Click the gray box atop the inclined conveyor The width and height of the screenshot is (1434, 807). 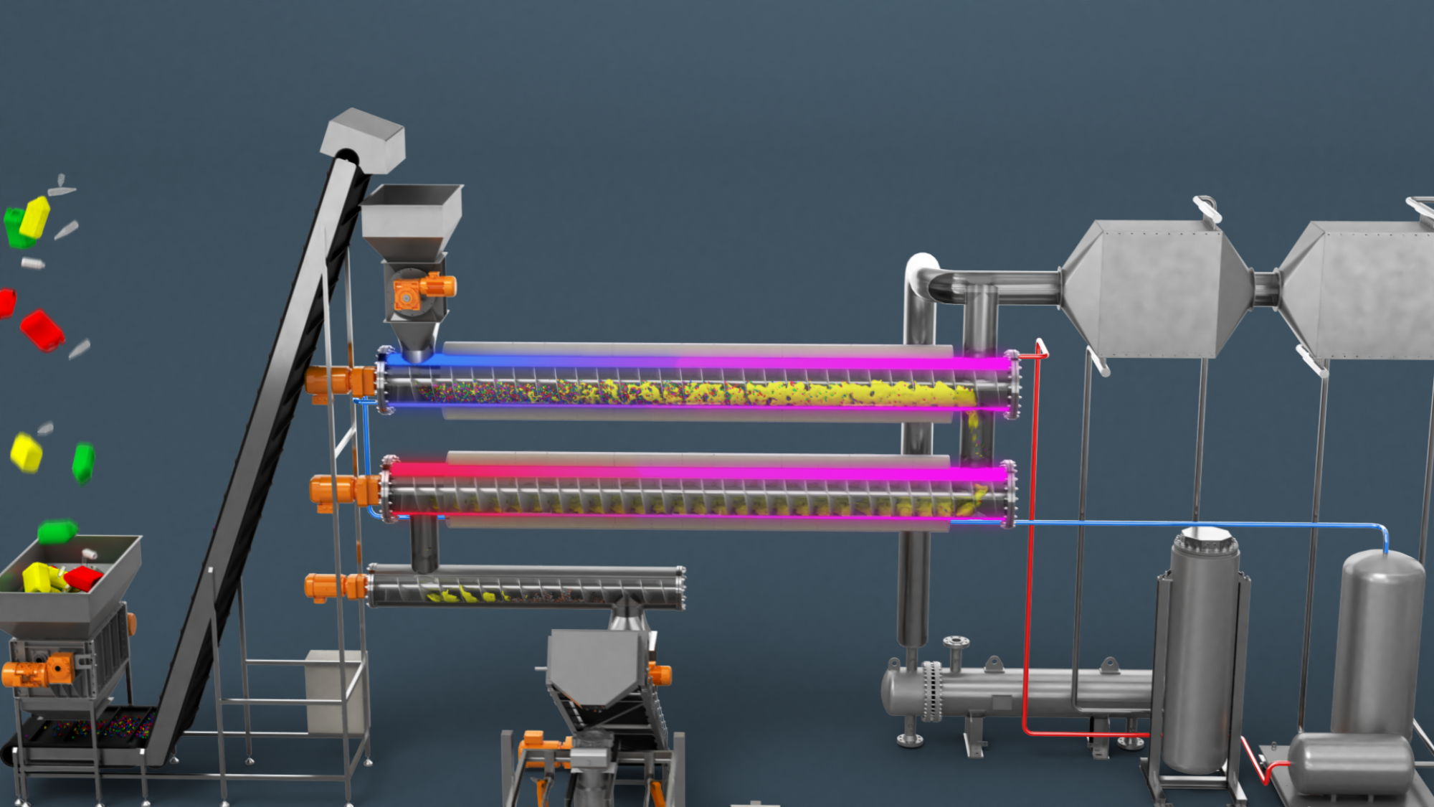click(x=364, y=139)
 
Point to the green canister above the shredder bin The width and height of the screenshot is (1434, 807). click(x=57, y=532)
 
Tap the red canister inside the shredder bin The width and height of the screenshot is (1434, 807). click(x=84, y=577)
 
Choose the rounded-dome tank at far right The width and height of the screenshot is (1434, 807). click(x=1377, y=638)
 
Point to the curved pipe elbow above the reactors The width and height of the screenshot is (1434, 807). click(x=921, y=276)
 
